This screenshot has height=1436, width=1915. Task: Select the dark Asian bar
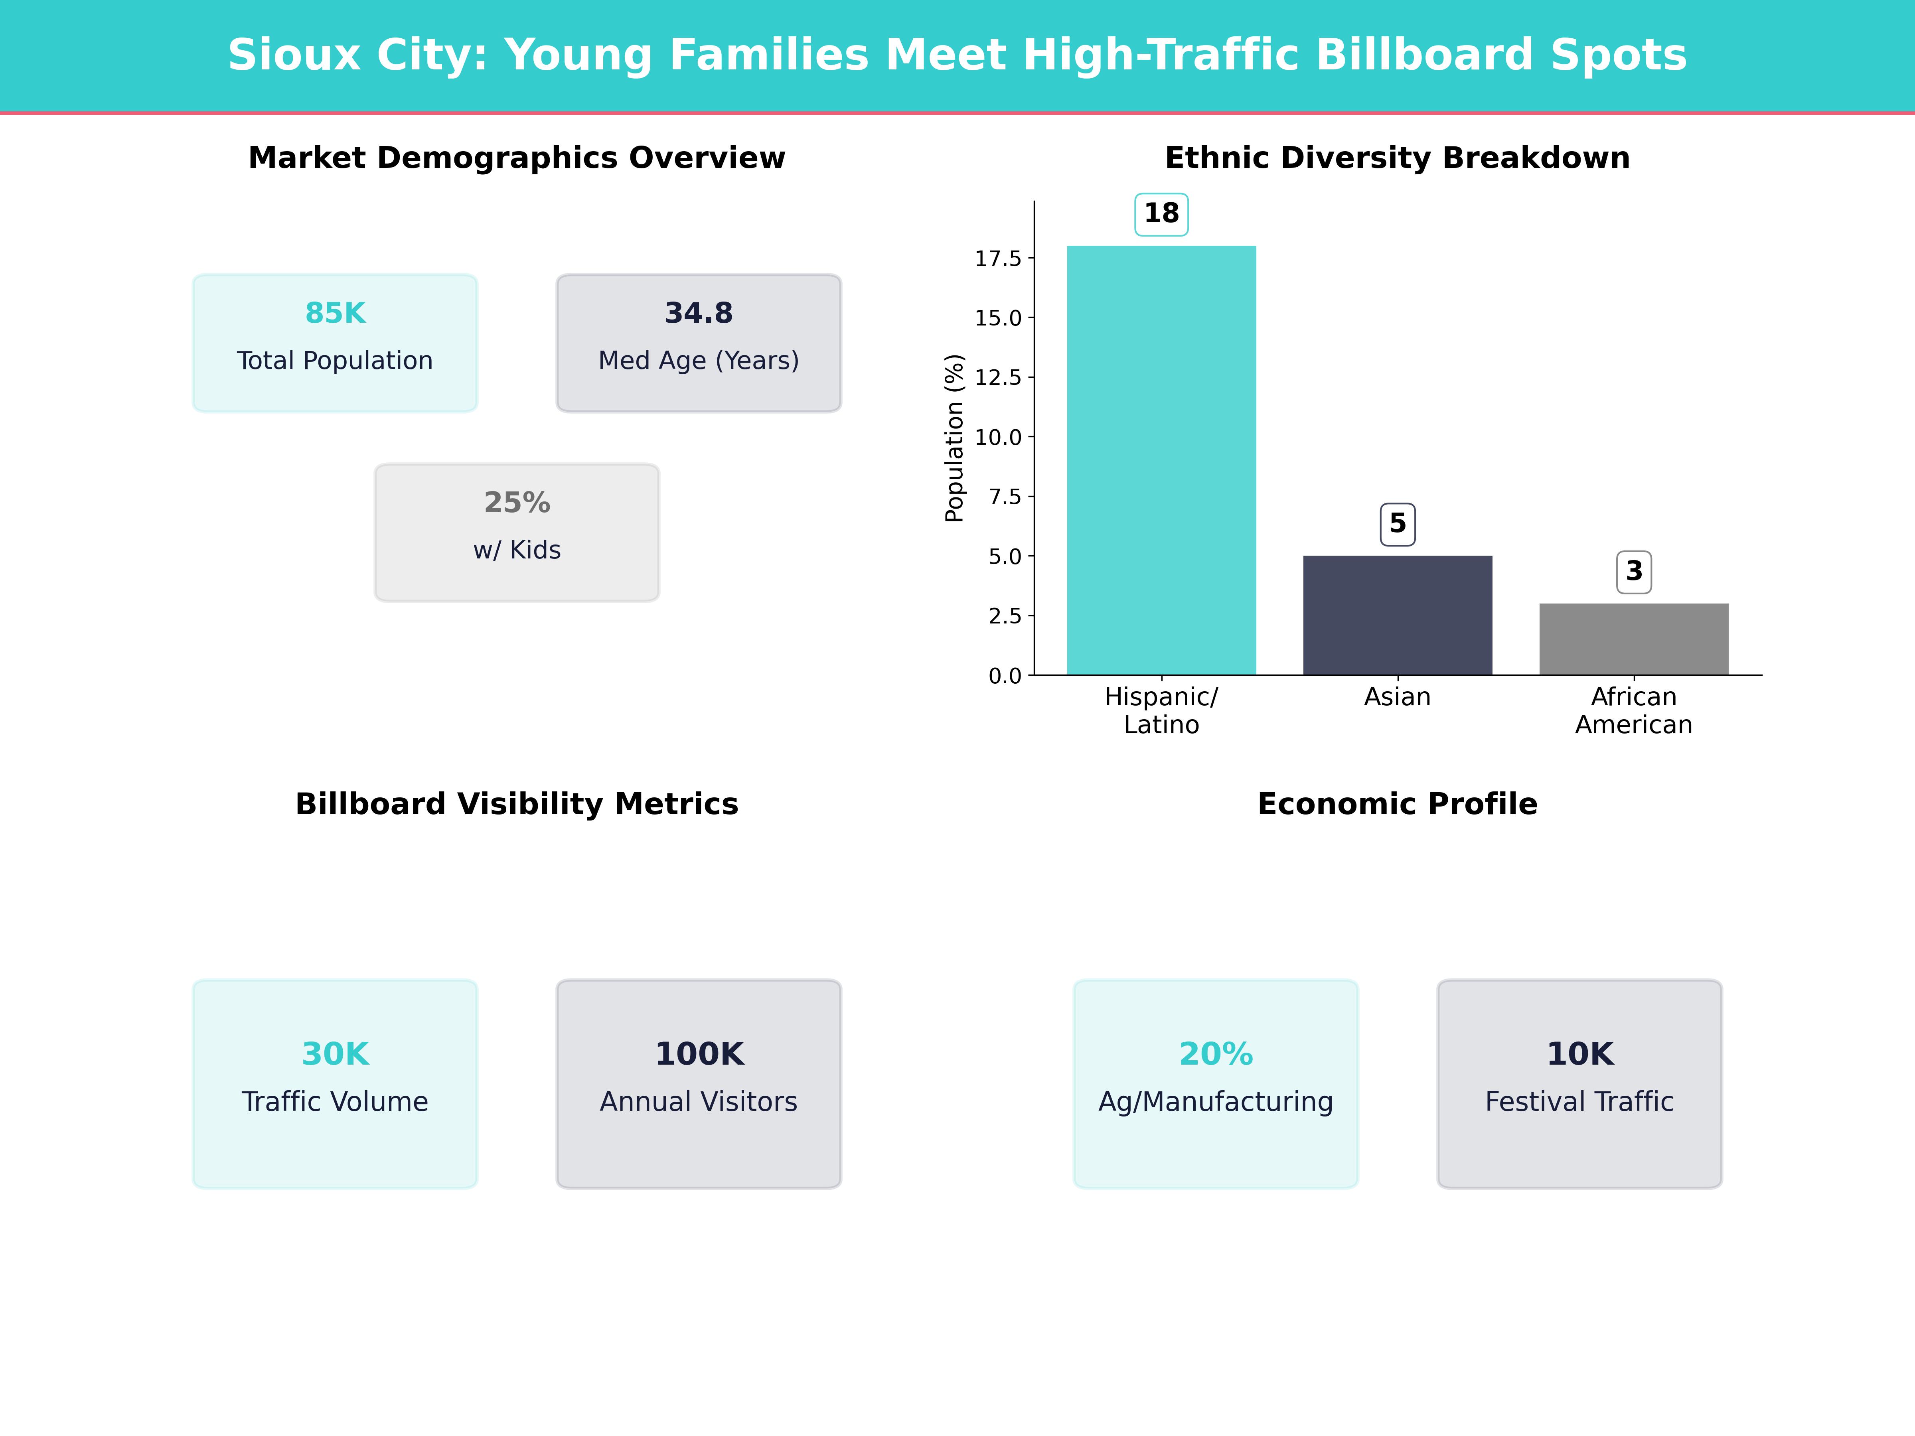1397,615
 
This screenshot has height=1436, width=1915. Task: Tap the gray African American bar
1634,639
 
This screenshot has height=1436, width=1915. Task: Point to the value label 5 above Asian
1397,524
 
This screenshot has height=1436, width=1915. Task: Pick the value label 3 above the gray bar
1634,571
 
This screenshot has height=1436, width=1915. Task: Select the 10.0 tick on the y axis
998,437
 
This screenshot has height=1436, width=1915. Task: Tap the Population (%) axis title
954,438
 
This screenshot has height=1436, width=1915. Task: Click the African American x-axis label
1634,711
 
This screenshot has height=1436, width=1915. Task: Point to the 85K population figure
335,314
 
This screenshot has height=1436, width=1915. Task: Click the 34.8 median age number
699,314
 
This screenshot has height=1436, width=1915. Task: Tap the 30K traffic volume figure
335,1054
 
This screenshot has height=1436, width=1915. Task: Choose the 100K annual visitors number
699,1054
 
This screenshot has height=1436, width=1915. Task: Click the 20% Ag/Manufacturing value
1216,1054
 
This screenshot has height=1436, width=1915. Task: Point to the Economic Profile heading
1397,804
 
